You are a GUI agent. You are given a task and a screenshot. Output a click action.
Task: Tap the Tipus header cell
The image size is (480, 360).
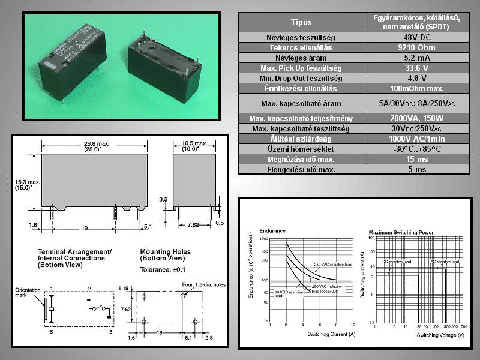tap(301, 23)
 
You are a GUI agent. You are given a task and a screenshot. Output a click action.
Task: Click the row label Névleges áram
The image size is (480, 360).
tap(301, 58)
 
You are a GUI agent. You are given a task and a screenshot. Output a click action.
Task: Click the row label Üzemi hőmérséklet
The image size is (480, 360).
tap(301, 149)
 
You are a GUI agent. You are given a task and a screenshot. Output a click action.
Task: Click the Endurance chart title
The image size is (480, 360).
tap(272, 230)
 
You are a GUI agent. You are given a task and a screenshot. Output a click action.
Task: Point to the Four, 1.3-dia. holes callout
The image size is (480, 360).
tap(206, 284)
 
